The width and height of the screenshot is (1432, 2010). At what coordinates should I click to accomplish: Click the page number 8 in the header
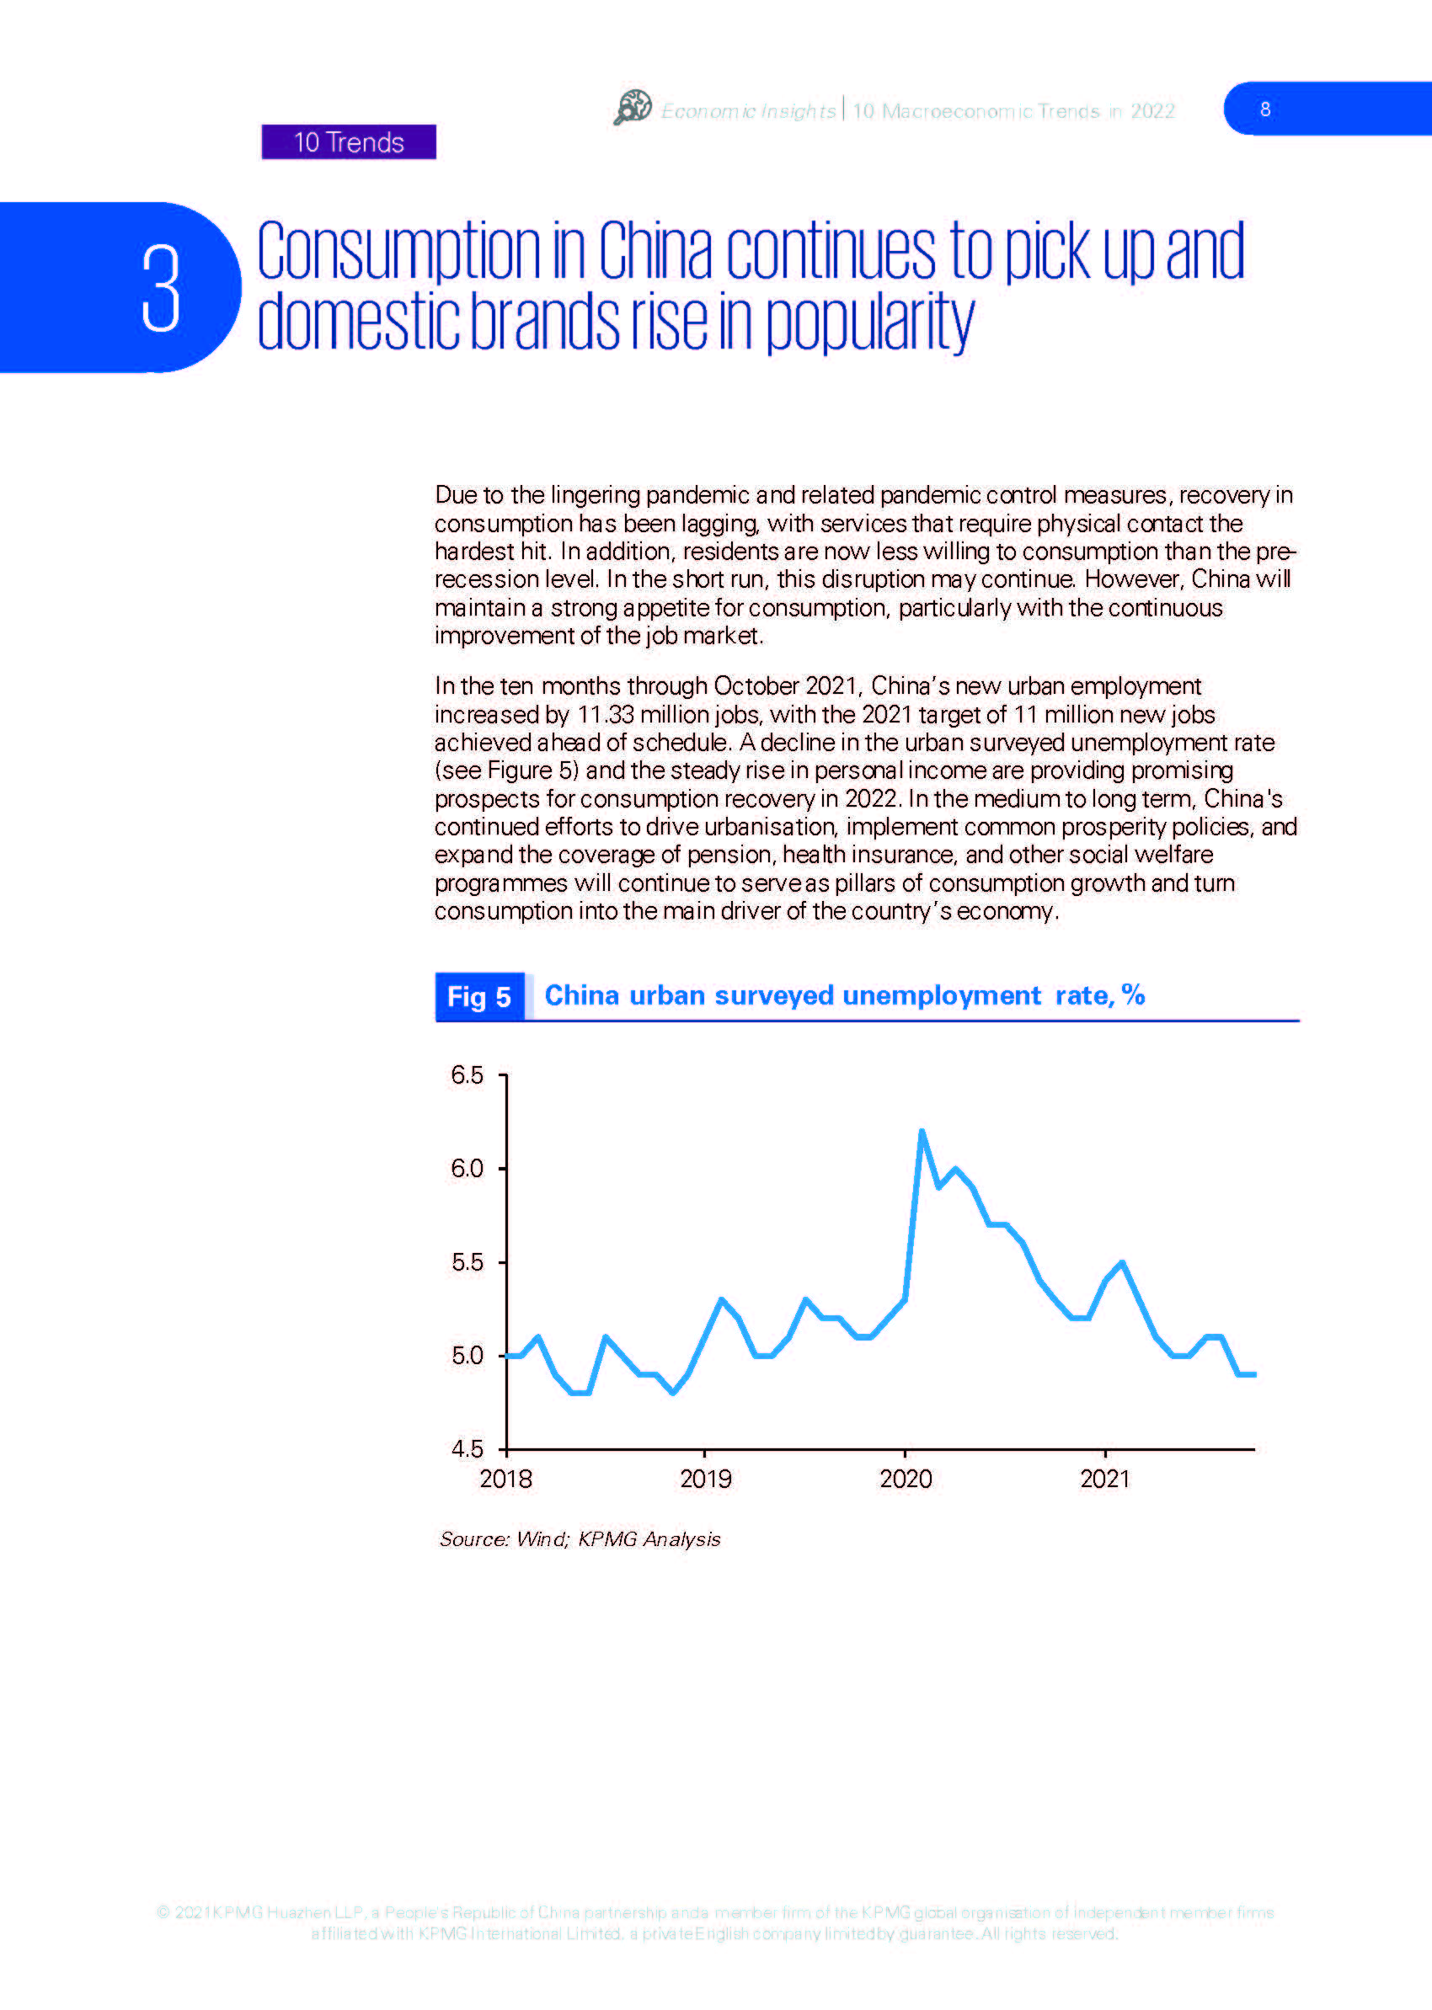1265,109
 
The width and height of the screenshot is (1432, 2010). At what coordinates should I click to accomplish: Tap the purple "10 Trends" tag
348,142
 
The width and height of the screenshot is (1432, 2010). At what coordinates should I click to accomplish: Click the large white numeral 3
162,288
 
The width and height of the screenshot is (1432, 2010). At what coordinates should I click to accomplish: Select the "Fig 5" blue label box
479,996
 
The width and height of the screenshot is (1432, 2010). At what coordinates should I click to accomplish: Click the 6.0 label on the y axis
467,1169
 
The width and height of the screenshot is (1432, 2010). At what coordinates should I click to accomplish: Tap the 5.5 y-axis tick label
467,1262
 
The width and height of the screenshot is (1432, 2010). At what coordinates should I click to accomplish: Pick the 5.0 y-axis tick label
467,1355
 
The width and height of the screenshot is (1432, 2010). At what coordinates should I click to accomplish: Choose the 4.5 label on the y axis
467,1448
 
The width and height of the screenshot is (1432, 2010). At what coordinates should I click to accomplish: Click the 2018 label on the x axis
505,1479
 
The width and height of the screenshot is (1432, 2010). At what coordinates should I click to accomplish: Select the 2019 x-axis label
705,1479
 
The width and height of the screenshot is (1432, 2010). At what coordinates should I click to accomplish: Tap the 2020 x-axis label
906,1479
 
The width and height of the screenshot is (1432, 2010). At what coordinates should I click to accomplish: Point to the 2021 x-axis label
1105,1479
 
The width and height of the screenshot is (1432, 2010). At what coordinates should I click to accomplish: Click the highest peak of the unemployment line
922,1131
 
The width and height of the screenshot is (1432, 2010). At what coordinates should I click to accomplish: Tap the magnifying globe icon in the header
633,108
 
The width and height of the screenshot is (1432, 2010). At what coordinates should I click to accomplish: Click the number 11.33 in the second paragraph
606,714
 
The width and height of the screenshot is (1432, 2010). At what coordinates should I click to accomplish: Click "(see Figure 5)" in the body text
507,770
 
